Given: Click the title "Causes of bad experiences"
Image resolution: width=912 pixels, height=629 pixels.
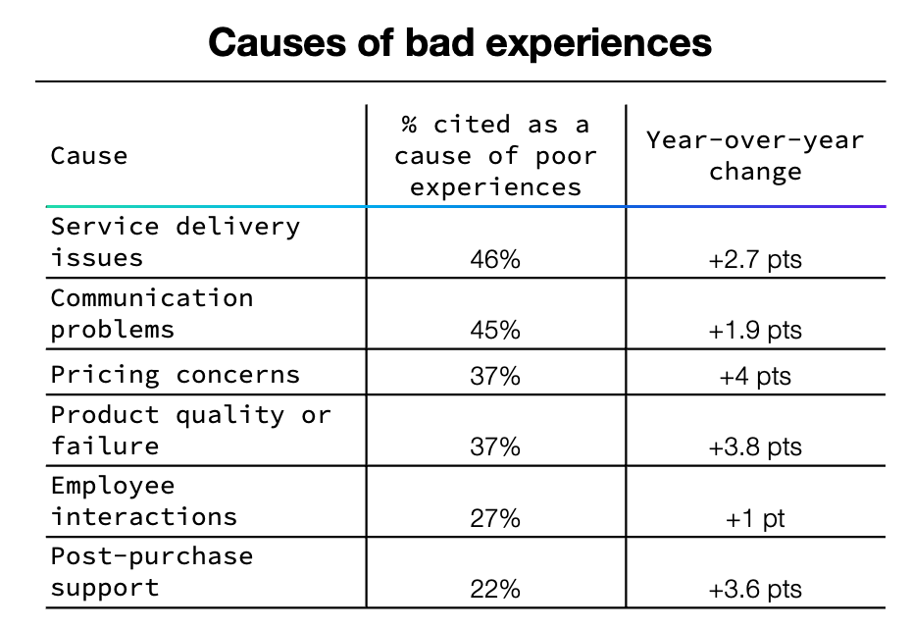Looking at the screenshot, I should tap(460, 43).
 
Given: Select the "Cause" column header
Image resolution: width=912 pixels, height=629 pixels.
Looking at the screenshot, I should tap(89, 156).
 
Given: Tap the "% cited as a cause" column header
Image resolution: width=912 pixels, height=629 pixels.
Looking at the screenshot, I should tap(495, 156).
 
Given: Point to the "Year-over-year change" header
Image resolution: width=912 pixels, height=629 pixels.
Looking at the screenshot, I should tap(755, 155).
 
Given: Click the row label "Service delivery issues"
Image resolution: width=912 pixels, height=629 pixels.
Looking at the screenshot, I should tap(176, 242).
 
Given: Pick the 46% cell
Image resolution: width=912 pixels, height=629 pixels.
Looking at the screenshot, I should tap(495, 260).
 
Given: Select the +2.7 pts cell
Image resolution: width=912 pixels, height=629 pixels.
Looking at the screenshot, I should tap(755, 260).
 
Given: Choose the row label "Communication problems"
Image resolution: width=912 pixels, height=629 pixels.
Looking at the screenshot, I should tap(152, 313).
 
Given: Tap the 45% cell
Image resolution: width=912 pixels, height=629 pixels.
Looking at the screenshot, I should tap(495, 331).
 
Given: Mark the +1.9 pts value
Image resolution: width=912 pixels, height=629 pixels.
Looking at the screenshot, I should tap(755, 331).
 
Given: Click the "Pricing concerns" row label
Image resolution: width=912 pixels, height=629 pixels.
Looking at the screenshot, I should tap(176, 374).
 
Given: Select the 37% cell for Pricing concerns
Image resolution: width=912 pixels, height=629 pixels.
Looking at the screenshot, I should tap(495, 376).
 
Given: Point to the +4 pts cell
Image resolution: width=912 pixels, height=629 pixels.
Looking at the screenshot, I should tap(755, 376).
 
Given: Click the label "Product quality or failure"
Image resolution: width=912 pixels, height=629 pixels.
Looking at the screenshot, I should tap(191, 430).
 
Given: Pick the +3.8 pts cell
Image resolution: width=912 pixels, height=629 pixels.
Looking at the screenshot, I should tap(755, 447).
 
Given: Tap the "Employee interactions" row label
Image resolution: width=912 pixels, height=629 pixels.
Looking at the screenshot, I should tap(144, 500).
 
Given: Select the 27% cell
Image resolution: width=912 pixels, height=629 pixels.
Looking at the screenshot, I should tap(495, 518).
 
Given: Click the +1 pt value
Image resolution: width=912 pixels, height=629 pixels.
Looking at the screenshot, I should tap(755, 518).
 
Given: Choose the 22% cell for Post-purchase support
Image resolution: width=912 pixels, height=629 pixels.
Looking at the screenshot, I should tap(495, 589).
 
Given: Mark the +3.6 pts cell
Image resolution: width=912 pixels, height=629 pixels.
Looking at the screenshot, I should tap(755, 589).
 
